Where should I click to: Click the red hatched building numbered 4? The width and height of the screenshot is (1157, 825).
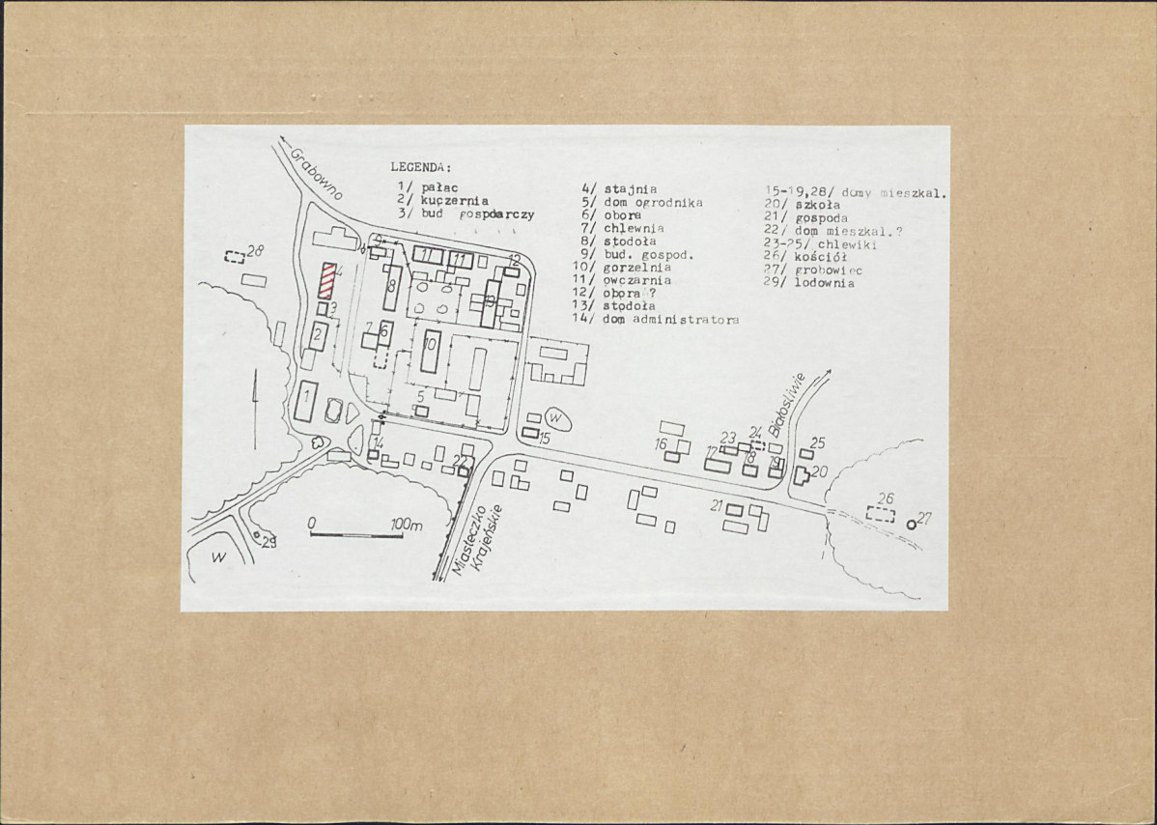[328, 282]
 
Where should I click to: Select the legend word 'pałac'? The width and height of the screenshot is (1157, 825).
[439, 187]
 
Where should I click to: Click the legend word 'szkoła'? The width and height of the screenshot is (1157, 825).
[818, 205]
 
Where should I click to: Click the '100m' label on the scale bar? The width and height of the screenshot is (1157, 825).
[407, 525]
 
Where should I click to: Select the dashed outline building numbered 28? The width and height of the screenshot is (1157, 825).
[234, 258]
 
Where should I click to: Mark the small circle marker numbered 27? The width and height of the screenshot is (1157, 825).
[912, 524]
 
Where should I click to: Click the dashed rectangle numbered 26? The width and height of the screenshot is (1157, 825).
[880, 514]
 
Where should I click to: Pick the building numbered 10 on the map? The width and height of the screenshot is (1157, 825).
[432, 353]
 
